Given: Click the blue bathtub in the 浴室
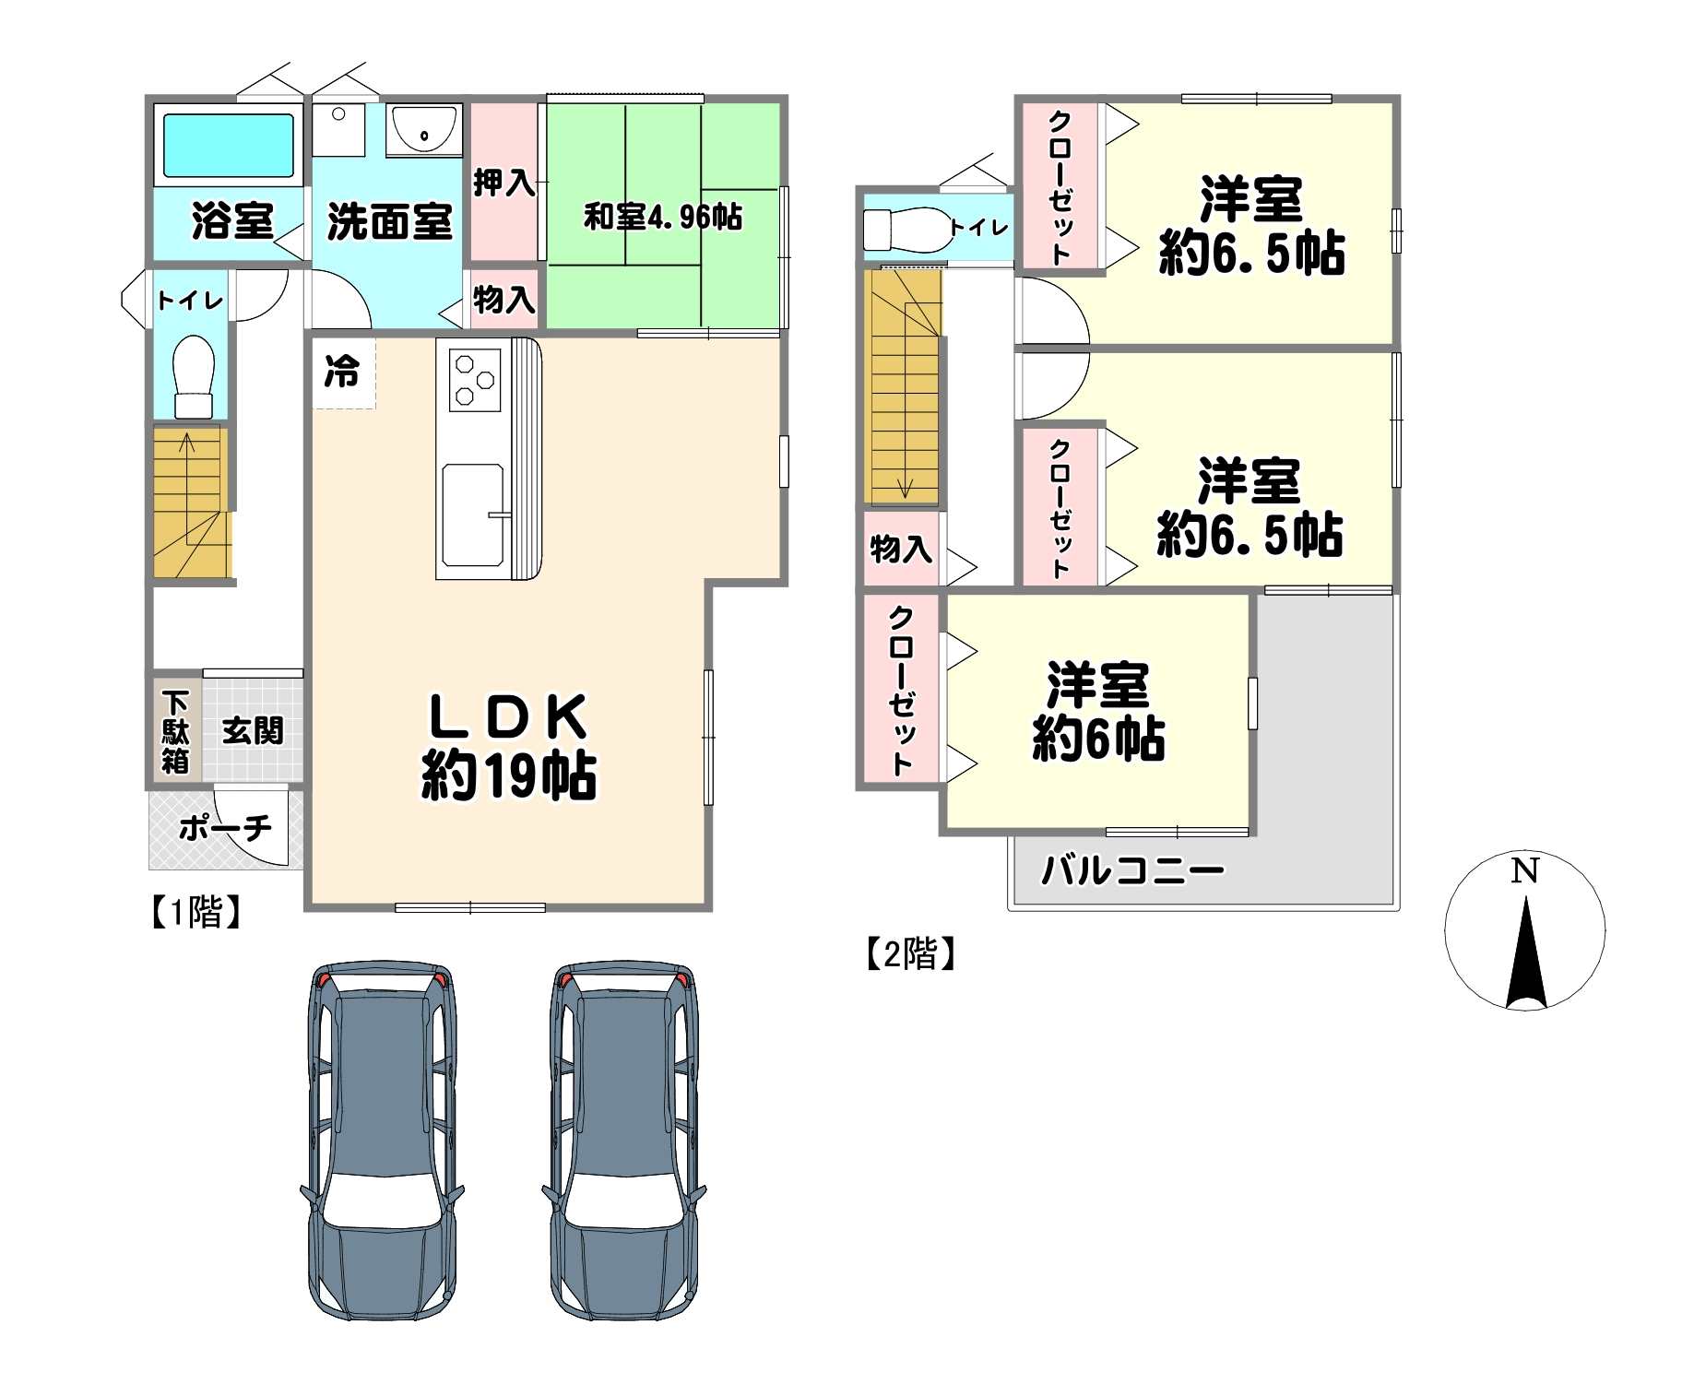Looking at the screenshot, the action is click(x=229, y=145).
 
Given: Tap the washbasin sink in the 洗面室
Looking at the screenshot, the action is click(x=423, y=130).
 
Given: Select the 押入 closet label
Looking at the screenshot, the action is click(x=503, y=182).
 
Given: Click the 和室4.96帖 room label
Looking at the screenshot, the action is click(x=662, y=218).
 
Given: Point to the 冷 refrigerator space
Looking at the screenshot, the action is click(x=343, y=373).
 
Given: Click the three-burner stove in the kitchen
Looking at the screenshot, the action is click(x=475, y=379).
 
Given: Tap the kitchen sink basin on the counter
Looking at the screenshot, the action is click(x=473, y=515).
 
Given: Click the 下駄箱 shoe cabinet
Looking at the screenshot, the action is click(x=175, y=731).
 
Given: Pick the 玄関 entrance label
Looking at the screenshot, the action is click(x=253, y=731).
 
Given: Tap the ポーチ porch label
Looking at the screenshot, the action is click(x=226, y=828).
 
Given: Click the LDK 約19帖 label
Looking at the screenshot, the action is click(x=509, y=746).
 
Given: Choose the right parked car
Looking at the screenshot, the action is click(x=624, y=1140).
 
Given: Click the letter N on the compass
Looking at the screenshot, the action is click(x=1525, y=870).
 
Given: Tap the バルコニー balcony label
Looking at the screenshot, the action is click(x=1132, y=870).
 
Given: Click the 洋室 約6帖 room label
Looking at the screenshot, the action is click(x=1098, y=712).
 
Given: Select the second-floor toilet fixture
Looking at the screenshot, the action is click(x=907, y=229).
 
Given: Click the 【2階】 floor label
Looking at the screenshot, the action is click(x=910, y=953).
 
